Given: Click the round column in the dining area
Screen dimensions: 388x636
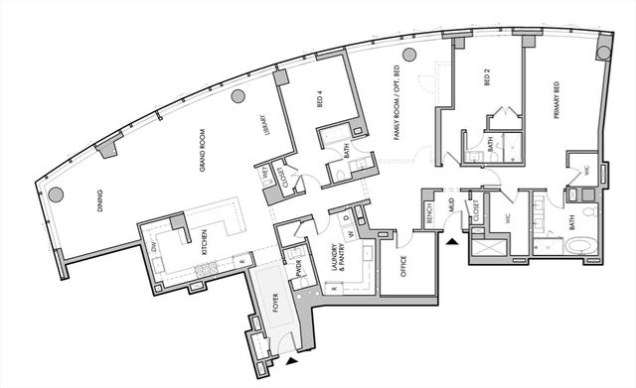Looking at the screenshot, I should [57, 194].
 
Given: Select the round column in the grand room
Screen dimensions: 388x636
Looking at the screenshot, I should [238, 96].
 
